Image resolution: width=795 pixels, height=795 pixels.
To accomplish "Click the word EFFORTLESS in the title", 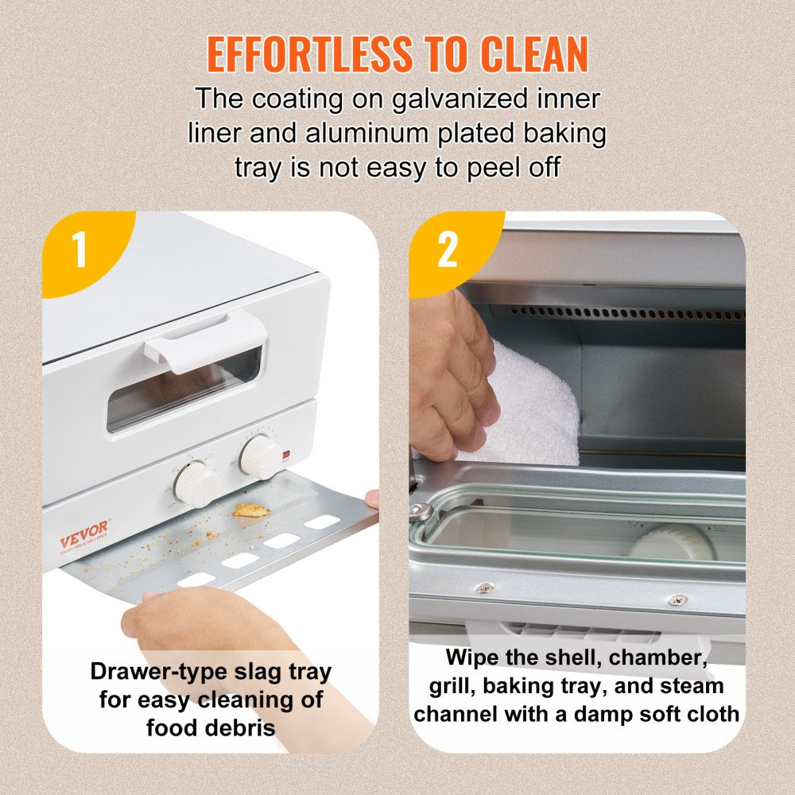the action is (x=309, y=54).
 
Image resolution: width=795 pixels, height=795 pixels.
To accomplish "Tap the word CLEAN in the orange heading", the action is (x=534, y=54).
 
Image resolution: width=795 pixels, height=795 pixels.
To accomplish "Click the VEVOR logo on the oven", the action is (x=83, y=534).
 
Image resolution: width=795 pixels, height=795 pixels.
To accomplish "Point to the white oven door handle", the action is (x=205, y=342).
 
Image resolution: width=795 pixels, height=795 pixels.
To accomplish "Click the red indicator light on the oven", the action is (x=285, y=454).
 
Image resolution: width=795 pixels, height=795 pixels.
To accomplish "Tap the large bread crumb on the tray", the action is (x=250, y=510).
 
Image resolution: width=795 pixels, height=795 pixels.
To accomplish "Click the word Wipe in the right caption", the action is (x=472, y=657).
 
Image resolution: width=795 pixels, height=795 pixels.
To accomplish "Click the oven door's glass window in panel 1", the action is (x=185, y=390).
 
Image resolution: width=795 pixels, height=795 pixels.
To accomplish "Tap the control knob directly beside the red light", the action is (x=260, y=457).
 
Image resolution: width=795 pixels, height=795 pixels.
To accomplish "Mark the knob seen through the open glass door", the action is (x=672, y=542).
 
